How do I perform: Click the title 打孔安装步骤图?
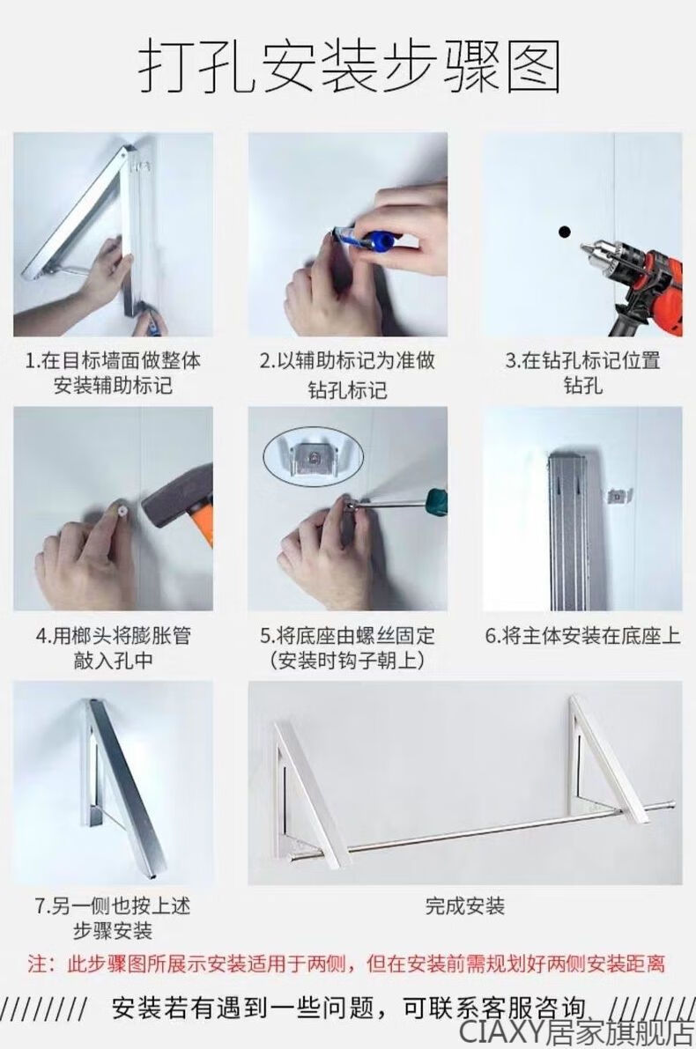[x=348, y=68]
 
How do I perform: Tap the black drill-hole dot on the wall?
[x=564, y=233]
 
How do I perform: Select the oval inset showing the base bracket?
[x=313, y=455]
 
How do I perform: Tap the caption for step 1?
[x=113, y=373]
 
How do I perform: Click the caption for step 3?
[x=582, y=373]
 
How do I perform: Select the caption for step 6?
[x=582, y=636]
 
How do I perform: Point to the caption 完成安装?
[x=465, y=905]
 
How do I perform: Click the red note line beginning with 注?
[x=346, y=964]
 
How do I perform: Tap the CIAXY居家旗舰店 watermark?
[x=576, y=1031]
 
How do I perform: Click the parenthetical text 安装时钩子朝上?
[x=348, y=661]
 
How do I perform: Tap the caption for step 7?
[x=113, y=918]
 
